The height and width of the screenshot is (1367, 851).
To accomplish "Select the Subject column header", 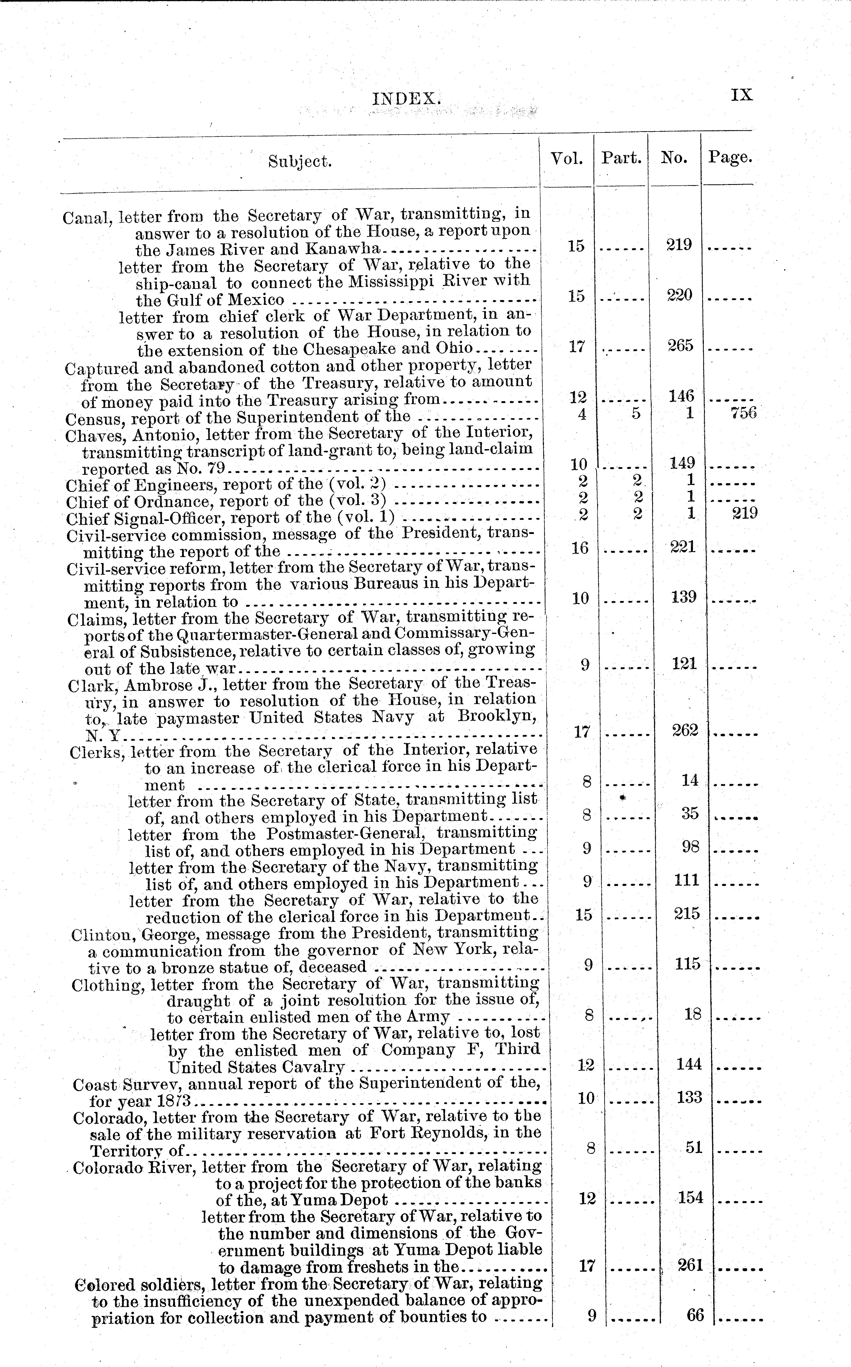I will pyautogui.click(x=300, y=162).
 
